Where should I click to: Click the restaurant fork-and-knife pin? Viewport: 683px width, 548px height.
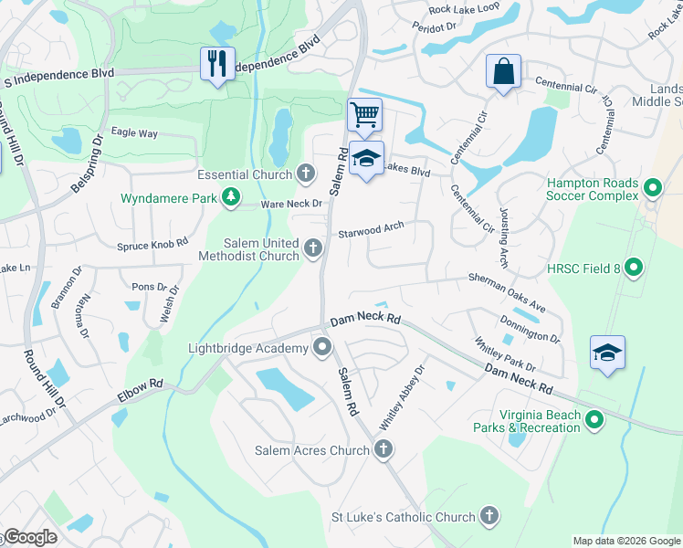tap(217, 64)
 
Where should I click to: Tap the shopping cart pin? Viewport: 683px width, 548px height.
tap(364, 115)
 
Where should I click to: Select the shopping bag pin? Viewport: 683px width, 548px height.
tap(503, 72)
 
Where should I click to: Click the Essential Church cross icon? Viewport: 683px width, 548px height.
tap(307, 174)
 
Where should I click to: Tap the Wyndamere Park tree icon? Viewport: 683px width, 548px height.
tap(232, 196)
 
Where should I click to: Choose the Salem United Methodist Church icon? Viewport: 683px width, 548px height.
tap(313, 247)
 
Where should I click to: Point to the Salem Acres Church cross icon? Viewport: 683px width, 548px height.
tap(384, 449)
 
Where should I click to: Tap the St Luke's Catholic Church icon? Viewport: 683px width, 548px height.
tap(489, 516)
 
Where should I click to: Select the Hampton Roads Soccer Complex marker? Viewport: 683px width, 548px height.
tap(652, 189)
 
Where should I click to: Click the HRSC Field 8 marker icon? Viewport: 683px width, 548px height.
tap(636, 268)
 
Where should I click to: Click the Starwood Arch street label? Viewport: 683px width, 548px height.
tap(371, 230)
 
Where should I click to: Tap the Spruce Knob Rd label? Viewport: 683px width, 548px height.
tap(152, 245)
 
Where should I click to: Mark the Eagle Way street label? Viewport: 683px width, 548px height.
tap(134, 132)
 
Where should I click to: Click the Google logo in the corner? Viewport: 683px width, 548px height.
tap(29, 537)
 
